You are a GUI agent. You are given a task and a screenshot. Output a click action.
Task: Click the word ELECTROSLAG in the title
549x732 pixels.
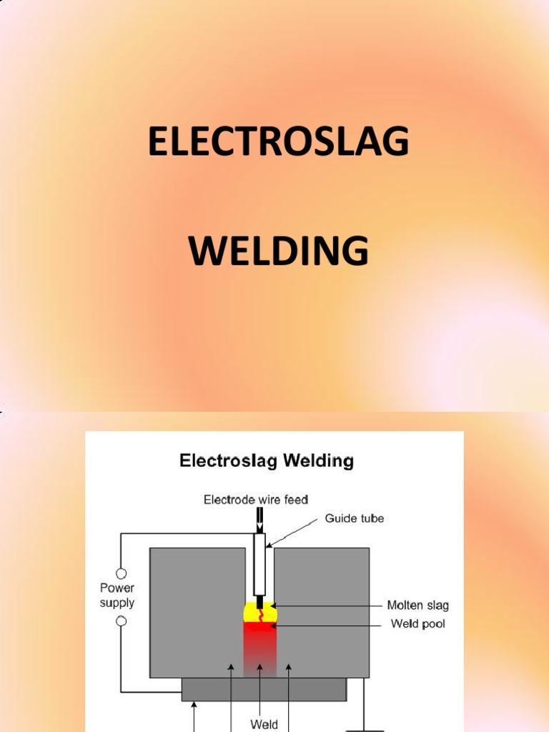point(279,141)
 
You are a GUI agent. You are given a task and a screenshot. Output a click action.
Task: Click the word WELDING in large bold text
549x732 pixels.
point(279,251)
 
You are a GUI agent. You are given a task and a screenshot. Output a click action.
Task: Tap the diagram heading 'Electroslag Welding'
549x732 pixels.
point(267,461)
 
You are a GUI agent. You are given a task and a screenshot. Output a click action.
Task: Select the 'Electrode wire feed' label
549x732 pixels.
point(256,500)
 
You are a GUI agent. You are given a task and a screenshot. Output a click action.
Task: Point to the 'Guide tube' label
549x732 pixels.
point(355,518)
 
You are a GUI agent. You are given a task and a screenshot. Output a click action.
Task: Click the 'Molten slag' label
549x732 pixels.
point(417,605)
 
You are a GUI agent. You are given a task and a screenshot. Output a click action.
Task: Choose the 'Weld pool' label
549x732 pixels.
point(417,623)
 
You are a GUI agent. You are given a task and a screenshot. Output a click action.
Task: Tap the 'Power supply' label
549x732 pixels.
point(117,595)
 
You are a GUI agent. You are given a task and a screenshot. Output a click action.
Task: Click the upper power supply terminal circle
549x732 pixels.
point(121,573)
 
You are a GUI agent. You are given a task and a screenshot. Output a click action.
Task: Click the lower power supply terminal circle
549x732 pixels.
point(121,621)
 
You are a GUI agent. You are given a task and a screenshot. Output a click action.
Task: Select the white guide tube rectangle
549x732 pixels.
point(259,565)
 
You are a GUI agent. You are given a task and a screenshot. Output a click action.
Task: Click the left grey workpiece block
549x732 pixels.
point(197,613)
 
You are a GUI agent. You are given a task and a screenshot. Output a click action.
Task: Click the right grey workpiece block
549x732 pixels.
point(322,613)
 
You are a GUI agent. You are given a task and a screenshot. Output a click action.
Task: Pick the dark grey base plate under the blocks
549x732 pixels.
point(264,690)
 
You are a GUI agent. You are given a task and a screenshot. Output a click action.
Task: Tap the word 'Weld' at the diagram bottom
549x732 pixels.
point(264,724)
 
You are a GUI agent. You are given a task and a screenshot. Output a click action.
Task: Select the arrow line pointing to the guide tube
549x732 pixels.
point(292,533)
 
